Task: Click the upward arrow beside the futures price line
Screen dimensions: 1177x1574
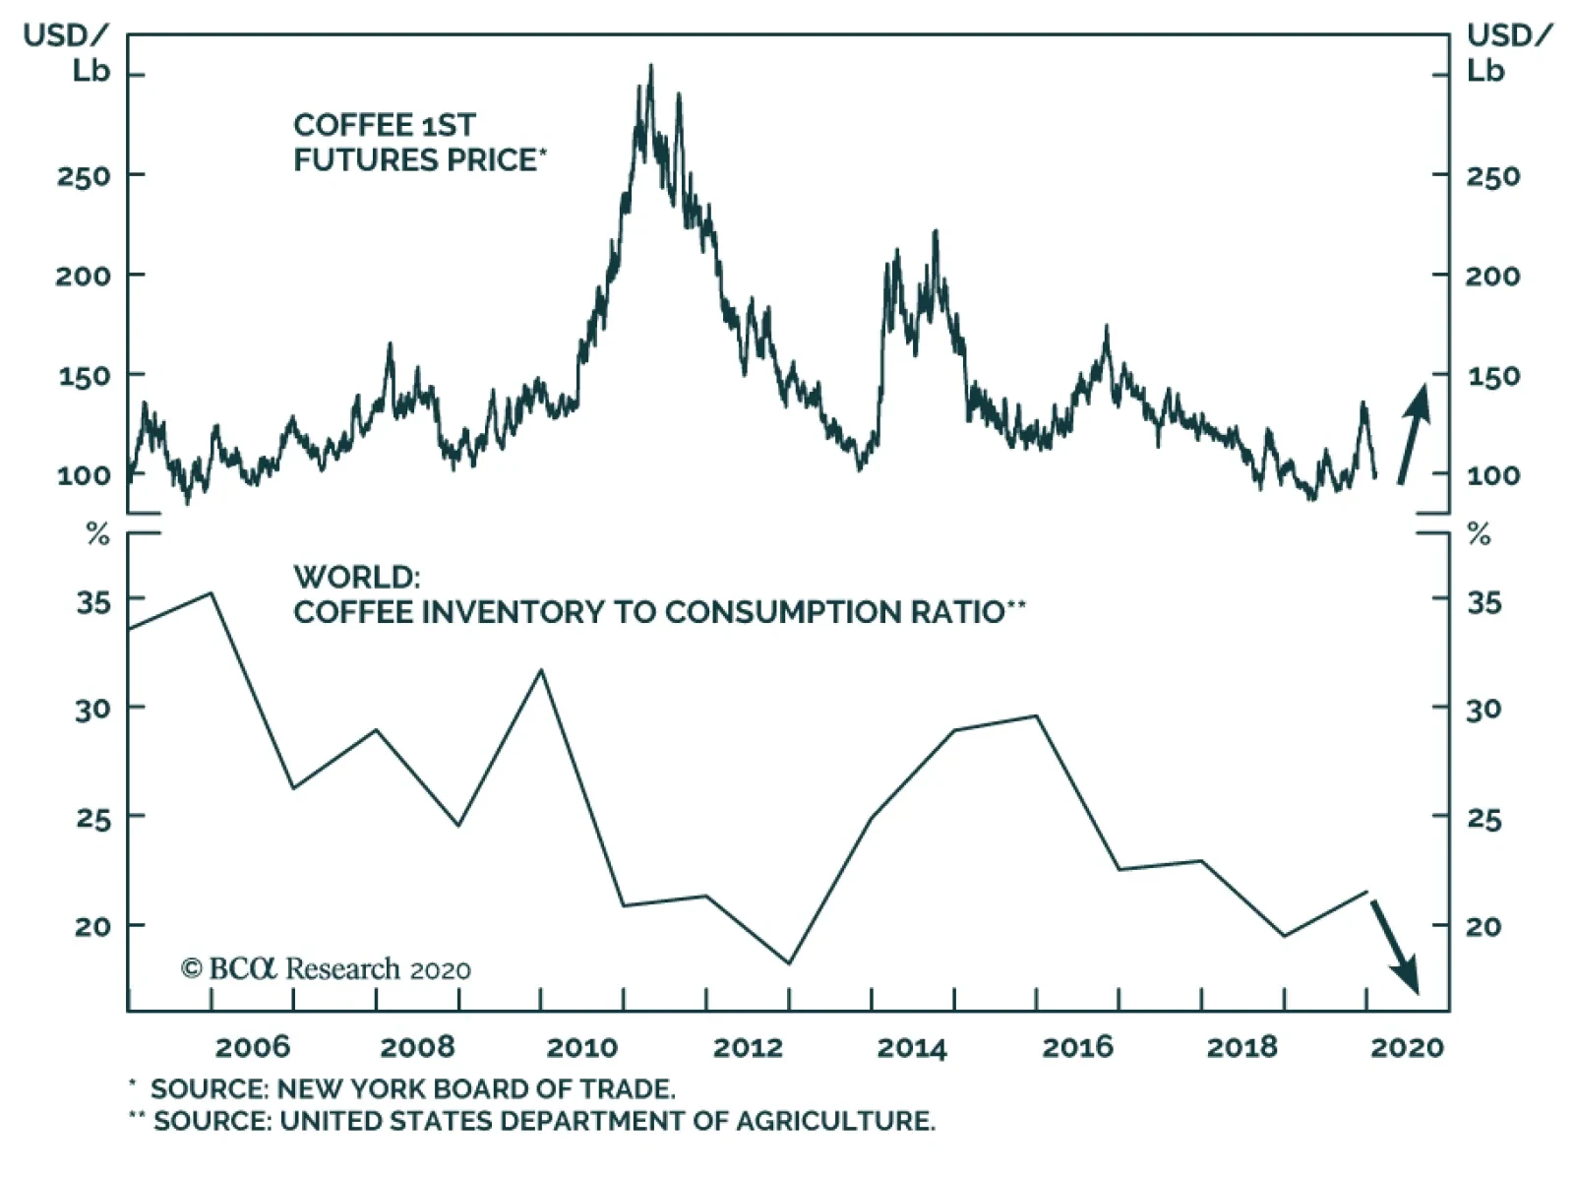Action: click(x=1414, y=433)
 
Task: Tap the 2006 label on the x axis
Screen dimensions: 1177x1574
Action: click(x=253, y=1046)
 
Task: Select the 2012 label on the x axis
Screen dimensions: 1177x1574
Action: click(x=748, y=1046)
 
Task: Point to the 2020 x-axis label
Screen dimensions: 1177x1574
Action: click(x=1407, y=1046)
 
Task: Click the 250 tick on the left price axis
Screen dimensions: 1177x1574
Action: click(x=83, y=177)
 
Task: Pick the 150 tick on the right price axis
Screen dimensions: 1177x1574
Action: click(x=1492, y=376)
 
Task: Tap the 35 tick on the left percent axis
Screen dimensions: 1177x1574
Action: click(x=93, y=601)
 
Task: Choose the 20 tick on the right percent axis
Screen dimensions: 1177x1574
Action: click(x=1483, y=926)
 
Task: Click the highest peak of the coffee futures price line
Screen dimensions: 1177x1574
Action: click(x=650, y=67)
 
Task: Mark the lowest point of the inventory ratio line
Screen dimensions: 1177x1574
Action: click(x=789, y=962)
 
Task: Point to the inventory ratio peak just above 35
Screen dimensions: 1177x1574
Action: click(x=211, y=593)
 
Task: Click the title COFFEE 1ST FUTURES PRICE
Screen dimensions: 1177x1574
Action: click(x=418, y=143)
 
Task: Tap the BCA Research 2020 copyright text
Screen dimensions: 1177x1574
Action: click(x=326, y=969)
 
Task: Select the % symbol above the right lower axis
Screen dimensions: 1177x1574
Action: click(x=1479, y=535)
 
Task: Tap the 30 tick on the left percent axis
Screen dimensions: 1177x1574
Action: click(x=92, y=709)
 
